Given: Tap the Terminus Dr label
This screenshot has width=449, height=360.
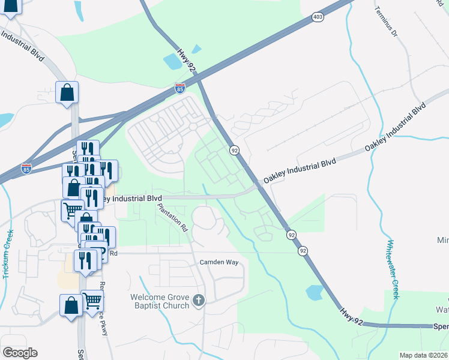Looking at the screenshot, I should tap(386, 22).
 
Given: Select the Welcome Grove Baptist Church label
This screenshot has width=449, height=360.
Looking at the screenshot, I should tap(160, 301).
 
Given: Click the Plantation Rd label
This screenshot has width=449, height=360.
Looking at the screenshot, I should tap(173, 218).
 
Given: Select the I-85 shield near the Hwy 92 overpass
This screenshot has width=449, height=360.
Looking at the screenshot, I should tap(179, 88).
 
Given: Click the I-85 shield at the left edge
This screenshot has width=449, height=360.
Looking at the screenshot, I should tap(26, 169).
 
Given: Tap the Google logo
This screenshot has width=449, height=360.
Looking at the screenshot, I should tap(20, 352).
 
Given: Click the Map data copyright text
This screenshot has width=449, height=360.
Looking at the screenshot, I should tap(423, 355).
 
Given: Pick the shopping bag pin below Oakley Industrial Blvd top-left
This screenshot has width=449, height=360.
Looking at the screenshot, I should tap(67, 92).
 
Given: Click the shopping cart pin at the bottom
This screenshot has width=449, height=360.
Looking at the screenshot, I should tap(92, 299).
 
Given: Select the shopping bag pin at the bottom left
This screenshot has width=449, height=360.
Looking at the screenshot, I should tap(71, 305).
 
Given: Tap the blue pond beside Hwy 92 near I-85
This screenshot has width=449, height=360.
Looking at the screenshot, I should tap(172, 60).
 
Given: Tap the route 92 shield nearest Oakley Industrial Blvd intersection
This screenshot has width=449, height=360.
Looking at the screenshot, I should tap(235, 150).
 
